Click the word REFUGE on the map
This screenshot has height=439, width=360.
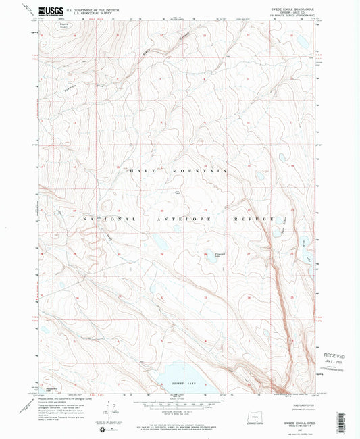259,219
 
